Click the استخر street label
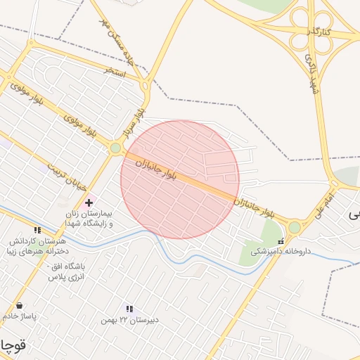click(x=114, y=72)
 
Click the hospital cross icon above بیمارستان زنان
click(x=88, y=202)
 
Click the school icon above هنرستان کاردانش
click(x=37, y=230)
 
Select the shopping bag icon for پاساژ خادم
click(x=19, y=306)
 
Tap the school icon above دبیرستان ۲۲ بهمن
click(x=129, y=309)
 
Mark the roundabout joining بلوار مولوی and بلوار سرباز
click(x=115, y=148)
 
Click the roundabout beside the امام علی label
click(x=294, y=227)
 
